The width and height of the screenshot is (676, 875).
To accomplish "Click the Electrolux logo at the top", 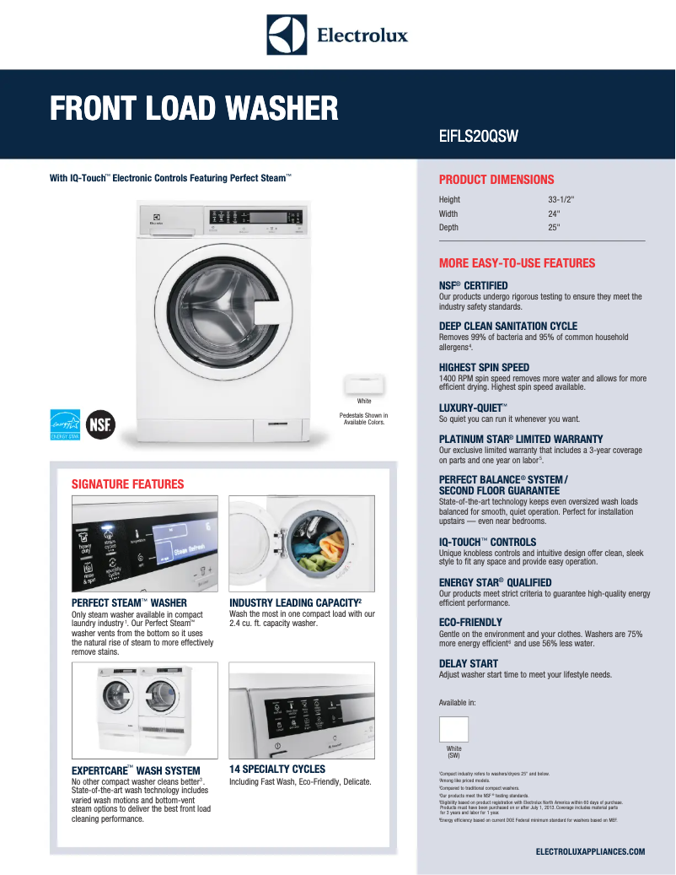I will (337, 34).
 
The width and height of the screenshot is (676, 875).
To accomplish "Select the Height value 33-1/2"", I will (561, 200).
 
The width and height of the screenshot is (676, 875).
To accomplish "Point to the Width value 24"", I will (554, 213).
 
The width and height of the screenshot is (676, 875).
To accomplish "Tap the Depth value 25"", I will (554, 227).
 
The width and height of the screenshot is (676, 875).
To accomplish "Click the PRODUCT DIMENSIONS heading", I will (496, 180).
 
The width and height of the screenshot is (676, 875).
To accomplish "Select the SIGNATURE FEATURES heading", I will (127, 484).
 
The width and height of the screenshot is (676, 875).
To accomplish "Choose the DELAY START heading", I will (469, 664).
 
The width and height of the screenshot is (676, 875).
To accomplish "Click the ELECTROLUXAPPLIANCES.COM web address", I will (590, 851).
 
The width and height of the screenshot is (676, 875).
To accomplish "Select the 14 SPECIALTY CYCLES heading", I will (277, 770).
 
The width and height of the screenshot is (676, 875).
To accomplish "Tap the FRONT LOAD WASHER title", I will (194, 108).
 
